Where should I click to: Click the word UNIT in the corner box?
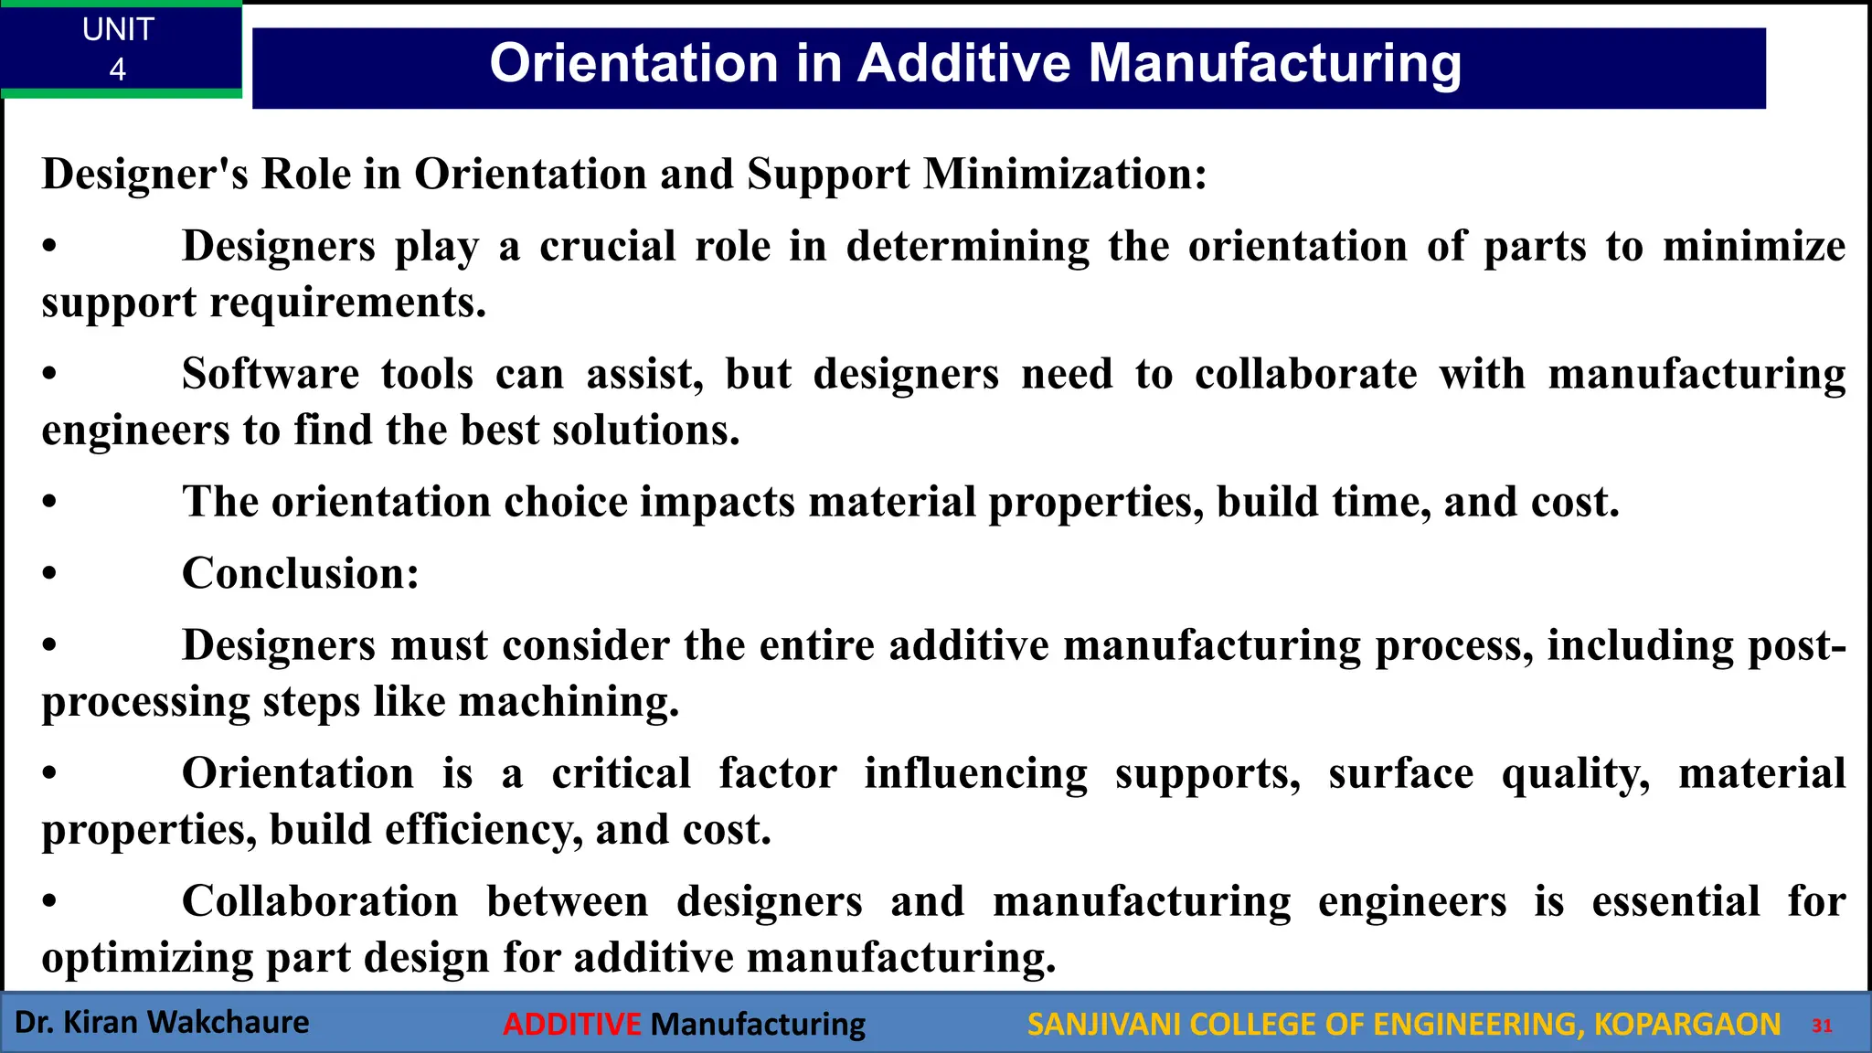pos(118,29)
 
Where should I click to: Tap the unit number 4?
pos(118,69)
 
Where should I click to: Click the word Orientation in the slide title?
pos(633,64)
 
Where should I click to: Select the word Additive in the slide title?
pos(964,64)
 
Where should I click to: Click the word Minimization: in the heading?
pos(1065,174)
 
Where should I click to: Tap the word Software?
pos(271,374)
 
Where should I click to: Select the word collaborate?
pos(1306,374)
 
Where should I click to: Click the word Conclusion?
pos(301,574)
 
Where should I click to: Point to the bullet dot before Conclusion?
pos(49,575)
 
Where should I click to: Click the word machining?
pos(569,702)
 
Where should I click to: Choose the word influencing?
pos(976,773)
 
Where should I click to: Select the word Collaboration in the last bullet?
pos(320,901)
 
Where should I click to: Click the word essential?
pos(1675,901)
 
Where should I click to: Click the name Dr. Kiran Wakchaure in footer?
pos(162,1022)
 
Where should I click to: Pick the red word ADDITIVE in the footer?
pos(572,1025)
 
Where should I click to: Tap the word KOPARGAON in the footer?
pos(1686,1025)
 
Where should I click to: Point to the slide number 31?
pos(1822,1026)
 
